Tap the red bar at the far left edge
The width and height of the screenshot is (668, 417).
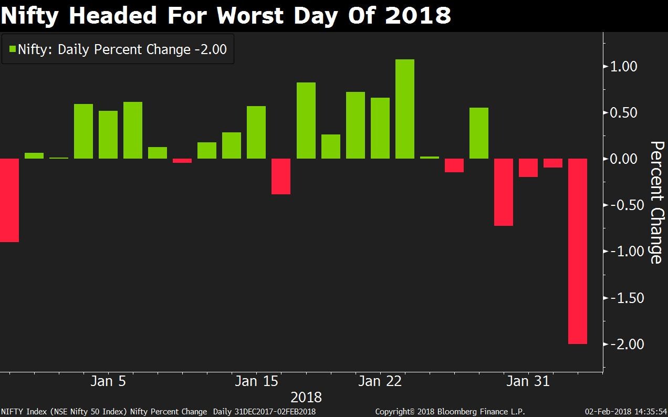click(9, 200)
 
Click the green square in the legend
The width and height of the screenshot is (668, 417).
click(12, 49)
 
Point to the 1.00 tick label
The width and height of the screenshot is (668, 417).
click(623, 67)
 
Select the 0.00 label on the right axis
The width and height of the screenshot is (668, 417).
click(623, 159)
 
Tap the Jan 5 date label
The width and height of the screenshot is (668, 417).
click(108, 381)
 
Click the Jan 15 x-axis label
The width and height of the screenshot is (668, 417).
click(256, 381)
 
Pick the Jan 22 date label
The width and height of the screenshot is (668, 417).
click(380, 381)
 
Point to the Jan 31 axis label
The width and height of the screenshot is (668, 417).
click(528, 381)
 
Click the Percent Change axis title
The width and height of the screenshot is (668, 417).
click(656, 202)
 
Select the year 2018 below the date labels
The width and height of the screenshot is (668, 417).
click(306, 397)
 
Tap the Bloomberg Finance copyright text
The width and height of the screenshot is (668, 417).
click(450, 412)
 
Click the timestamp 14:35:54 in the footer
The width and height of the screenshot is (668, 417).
click(649, 412)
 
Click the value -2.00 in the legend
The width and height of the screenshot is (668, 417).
click(211, 49)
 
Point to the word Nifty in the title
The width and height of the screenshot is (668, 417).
click(31, 16)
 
